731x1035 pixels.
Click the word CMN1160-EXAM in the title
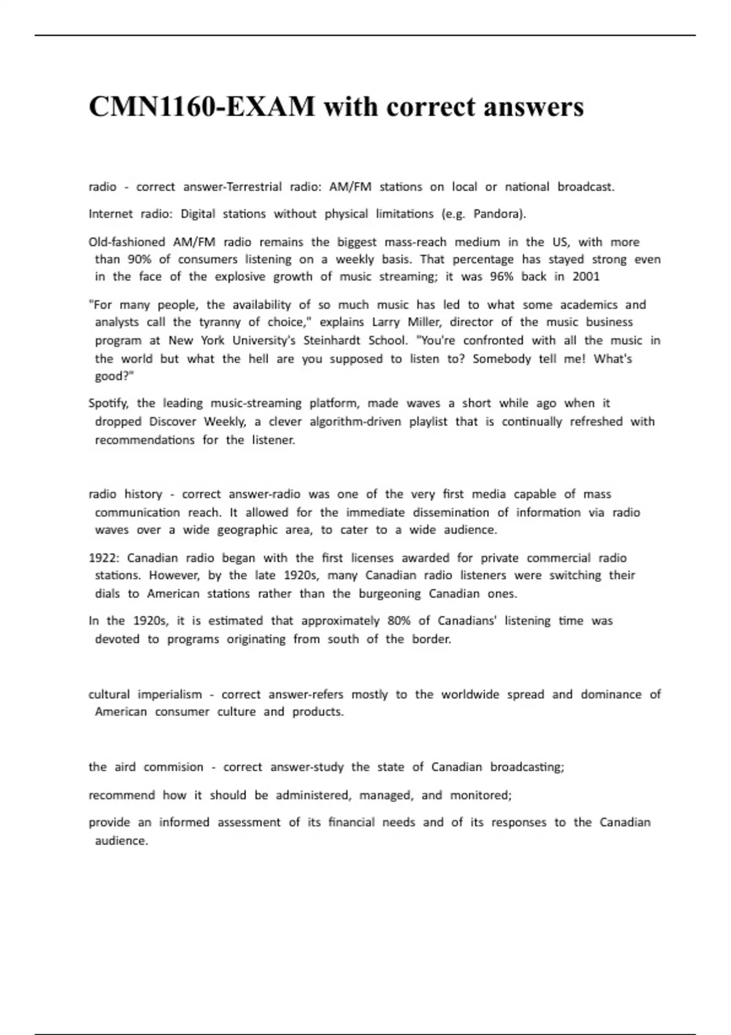[202, 107]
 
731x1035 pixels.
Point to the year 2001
[586, 277]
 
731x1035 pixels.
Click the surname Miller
[422, 322]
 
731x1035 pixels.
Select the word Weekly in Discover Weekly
[225, 422]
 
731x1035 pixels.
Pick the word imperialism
[169, 695]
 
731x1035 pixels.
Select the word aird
[125, 767]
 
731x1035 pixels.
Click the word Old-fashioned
[127, 242]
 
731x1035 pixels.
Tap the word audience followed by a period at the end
[121, 841]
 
